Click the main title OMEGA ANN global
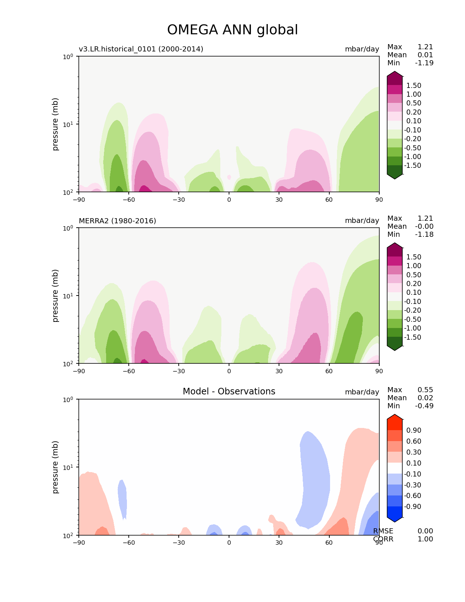232,30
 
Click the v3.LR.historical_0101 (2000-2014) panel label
141,49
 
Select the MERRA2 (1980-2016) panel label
117,221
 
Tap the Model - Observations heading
229,391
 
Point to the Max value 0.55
425,390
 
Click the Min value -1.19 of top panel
424,63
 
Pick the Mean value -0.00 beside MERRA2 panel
424,226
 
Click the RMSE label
383,531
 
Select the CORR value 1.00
425,539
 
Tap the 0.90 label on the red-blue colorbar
414,430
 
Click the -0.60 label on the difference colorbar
412,495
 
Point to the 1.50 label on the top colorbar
414,85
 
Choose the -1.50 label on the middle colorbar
412,337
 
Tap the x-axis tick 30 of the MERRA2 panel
279,371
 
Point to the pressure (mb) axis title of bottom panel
55,467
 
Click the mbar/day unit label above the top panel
362,49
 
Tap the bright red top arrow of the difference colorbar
395,418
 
